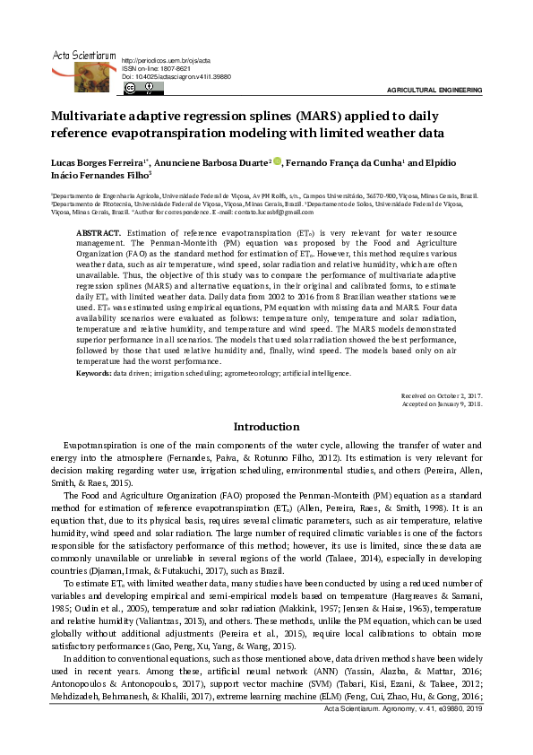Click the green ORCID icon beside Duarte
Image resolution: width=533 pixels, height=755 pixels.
(x=278, y=162)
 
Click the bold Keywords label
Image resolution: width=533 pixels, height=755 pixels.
(x=93, y=372)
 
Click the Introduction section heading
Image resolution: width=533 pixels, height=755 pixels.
(x=266, y=427)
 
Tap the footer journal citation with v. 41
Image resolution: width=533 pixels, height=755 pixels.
(x=408, y=734)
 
